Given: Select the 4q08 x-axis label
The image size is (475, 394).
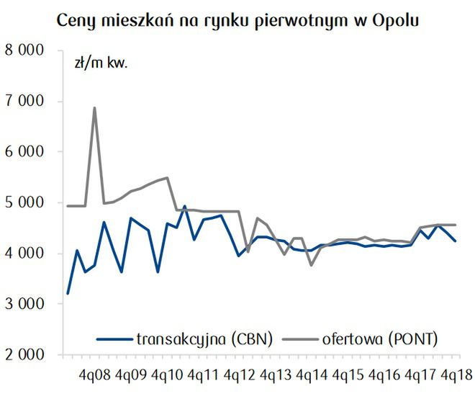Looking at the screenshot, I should pos(94,375).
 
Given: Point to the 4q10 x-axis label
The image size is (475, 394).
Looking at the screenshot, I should pos(168,375).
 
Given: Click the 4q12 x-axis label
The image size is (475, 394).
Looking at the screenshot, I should pos(240,375).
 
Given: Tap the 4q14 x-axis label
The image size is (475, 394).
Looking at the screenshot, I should pos(313,375).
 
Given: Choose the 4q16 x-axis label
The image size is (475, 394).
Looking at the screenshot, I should pos(386,375).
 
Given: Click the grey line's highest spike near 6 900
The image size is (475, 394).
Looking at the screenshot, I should pos(94,108).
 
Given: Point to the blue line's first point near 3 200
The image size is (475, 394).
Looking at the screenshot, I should pos(68,294).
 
